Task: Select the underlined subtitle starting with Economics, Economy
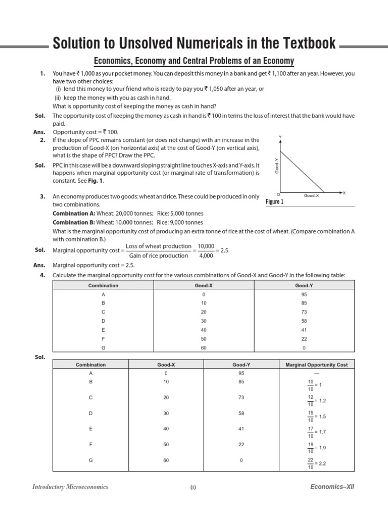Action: pos(194,61)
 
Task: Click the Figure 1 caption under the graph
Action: pos(275,202)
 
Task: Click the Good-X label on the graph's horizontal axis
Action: pos(311,195)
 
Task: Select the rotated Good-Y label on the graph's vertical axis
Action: pos(277,166)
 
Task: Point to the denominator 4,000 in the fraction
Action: pos(206,255)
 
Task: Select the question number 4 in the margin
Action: pos(43,275)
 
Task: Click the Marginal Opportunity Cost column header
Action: pos(317,365)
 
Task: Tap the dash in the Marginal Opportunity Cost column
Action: pos(317,373)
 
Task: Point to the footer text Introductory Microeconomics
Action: pos(70,487)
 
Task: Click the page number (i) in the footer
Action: pos(193,488)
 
